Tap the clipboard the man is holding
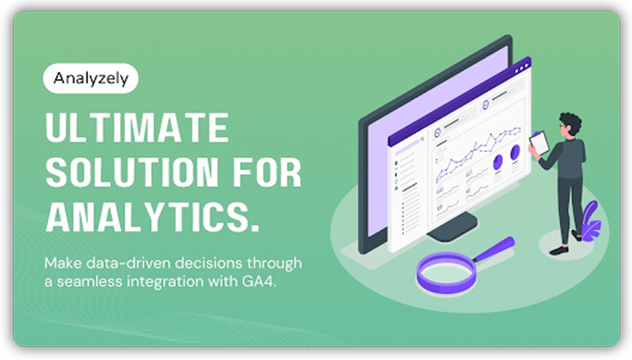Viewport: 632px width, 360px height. (x=540, y=140)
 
